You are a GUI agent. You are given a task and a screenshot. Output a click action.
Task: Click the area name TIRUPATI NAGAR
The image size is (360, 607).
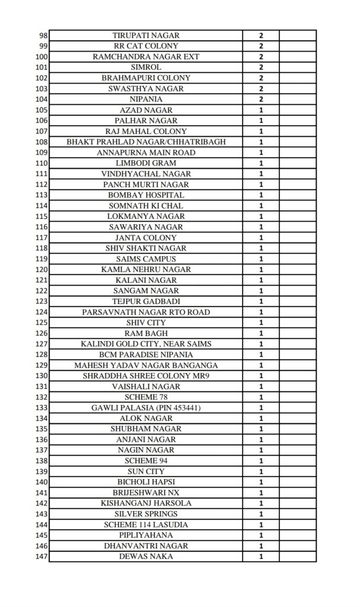pyautogui.click(x=146, y=36)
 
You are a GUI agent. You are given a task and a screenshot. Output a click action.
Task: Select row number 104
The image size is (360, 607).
pyautogui.click(x=41, y=100)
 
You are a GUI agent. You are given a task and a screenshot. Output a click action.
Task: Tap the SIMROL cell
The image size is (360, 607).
pyautogui.click(x=146, y=68)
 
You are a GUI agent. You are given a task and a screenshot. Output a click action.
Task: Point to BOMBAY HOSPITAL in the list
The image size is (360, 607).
pyautogui.click(x=146, y=195)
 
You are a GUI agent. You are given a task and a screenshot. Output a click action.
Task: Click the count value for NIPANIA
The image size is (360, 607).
pyautogui.click(x=261, y=100)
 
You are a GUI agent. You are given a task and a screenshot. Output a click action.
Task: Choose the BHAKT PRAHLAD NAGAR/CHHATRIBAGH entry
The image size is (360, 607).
pyautogui.click(x=146, y=142)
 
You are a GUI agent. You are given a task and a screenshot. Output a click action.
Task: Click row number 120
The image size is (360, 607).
pyautogui.click(x=41, y=270)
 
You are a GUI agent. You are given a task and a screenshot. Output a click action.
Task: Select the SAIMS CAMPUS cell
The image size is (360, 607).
pyautogui.click(x=146, y=259)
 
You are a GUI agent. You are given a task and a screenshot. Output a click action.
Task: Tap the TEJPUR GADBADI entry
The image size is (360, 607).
pyautogui.click(x=146, y=302)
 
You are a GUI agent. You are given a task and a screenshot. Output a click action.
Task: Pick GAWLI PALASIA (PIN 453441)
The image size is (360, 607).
pyautogui.click(x=146, y=408)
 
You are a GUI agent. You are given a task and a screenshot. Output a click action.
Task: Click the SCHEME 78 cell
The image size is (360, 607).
pyautogui.click(x=146, y=397)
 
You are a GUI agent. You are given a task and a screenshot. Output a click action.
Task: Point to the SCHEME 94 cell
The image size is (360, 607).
pyautogui.click(x=146, y=461)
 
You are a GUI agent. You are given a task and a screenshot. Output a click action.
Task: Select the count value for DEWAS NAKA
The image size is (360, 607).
pyautogui.click(x=261, y=557)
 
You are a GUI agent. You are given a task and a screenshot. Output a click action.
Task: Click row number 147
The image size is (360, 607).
pyautogui.click(x=41, y=557)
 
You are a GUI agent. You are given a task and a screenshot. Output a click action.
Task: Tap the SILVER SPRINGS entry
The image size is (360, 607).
pyautogui.click(x=146, y=514)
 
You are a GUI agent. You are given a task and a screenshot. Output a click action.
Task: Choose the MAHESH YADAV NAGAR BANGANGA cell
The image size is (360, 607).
pyautogui.click(x=146, y=365)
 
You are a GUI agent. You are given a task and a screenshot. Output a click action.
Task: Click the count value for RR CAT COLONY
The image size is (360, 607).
pyautogui.click(x=261, y=46)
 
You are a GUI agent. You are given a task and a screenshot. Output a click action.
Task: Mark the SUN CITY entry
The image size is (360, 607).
pyautogui.click(x=146, y=471)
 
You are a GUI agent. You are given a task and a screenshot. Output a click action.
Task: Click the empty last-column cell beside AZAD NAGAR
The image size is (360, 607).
pyautogui.click(x=298, y=110)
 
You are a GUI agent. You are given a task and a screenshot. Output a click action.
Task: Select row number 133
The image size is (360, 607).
pyautogui.click(x=41, y=408)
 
